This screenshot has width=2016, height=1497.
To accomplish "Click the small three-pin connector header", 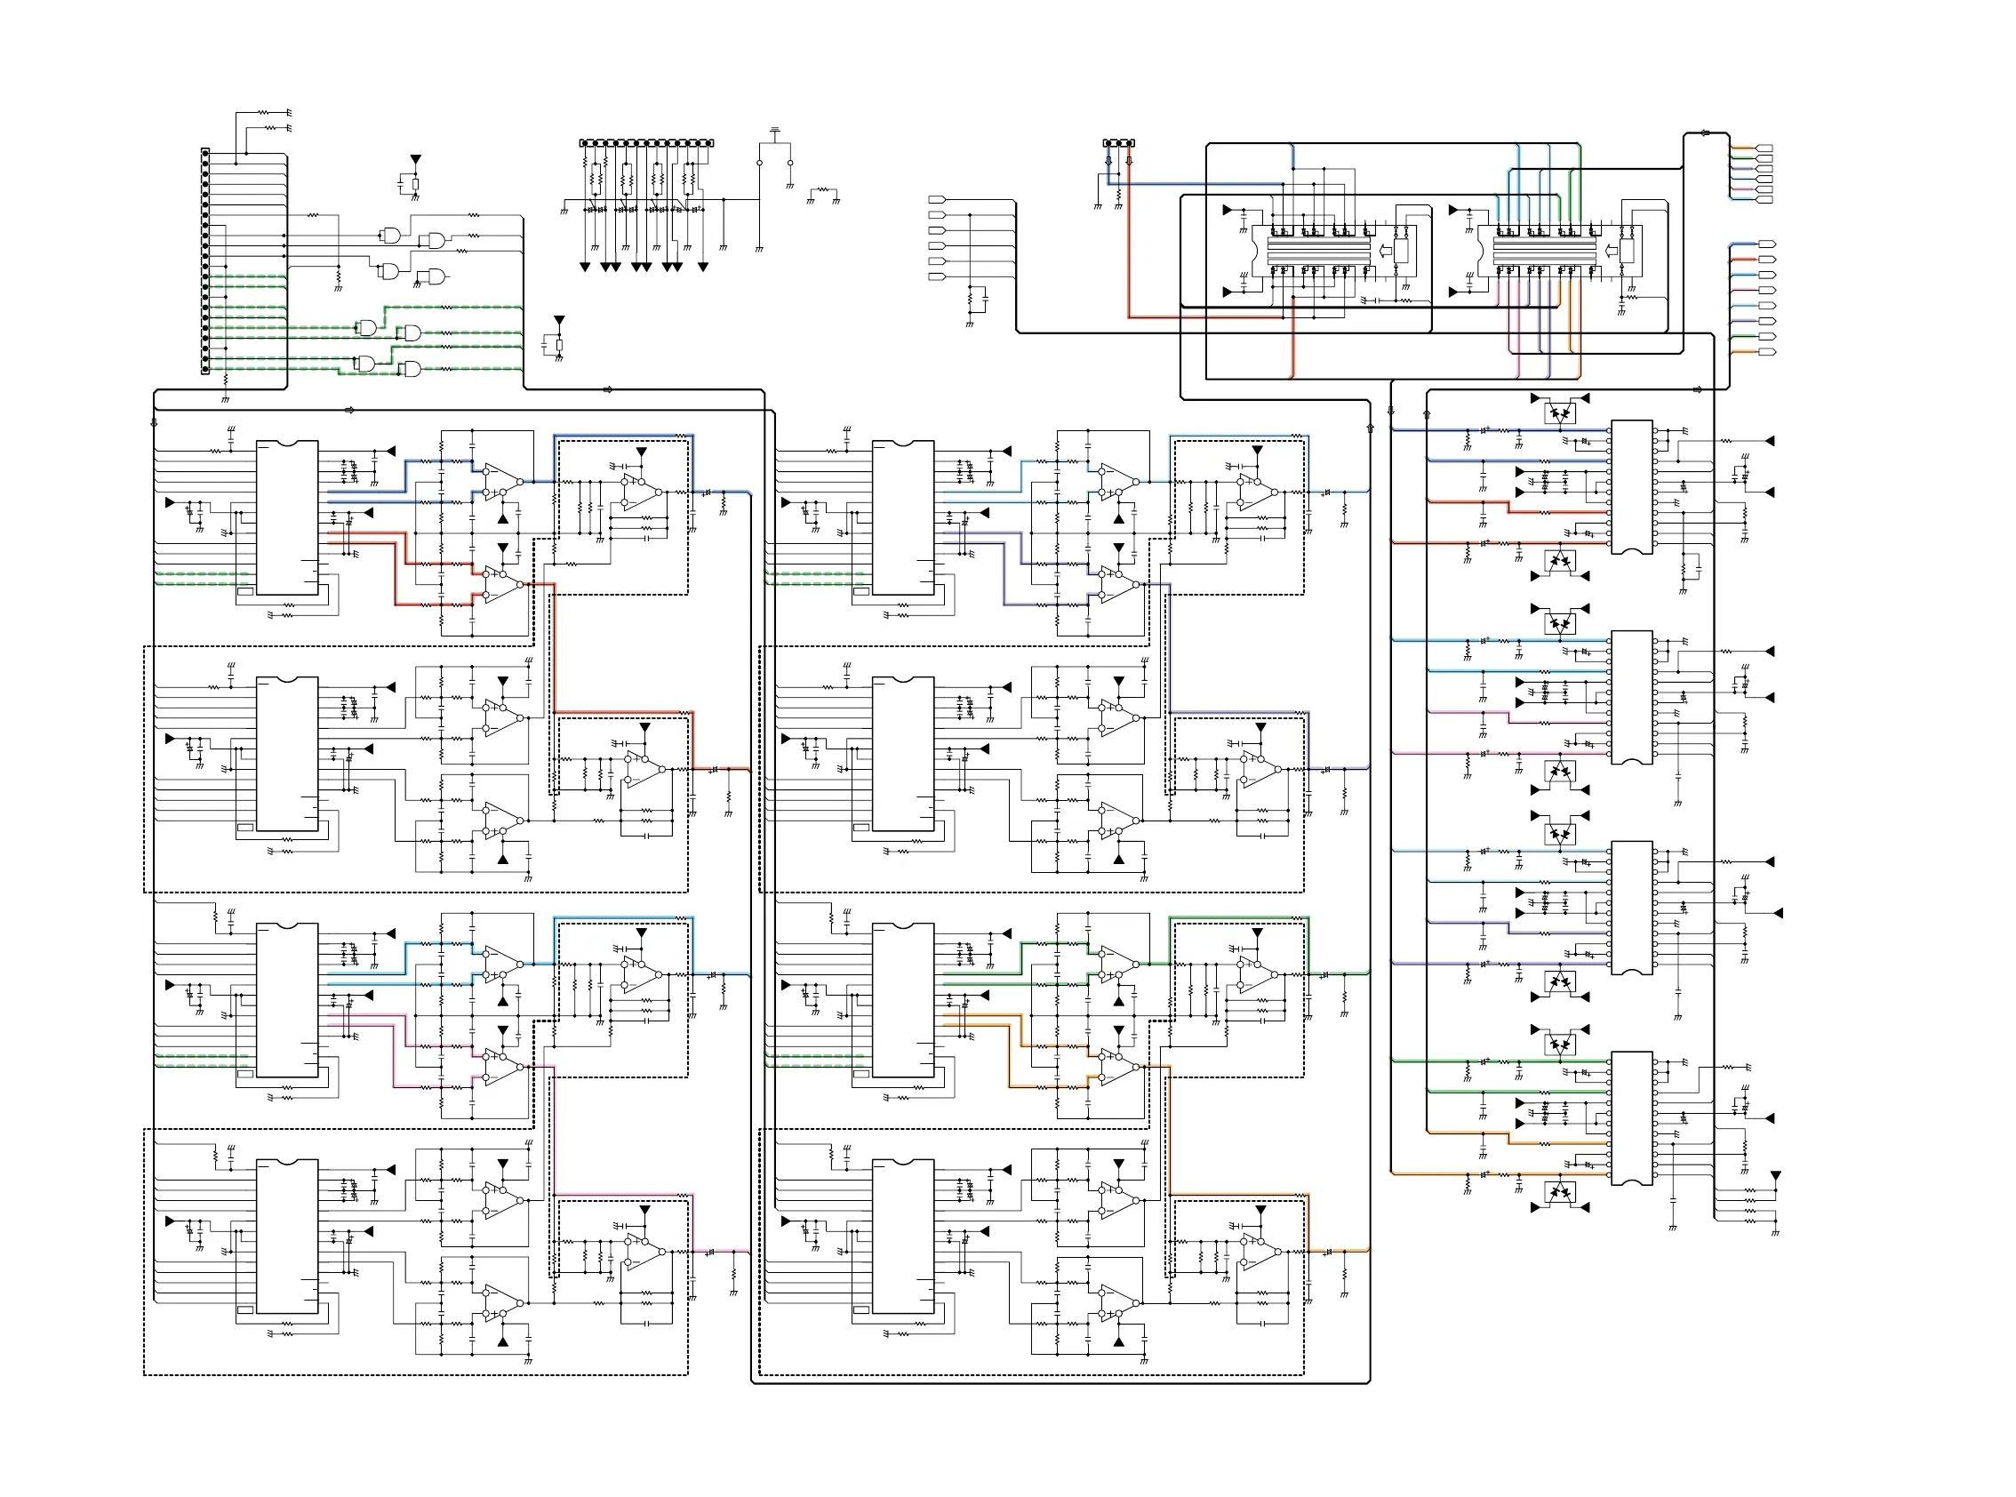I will pos(1119,143).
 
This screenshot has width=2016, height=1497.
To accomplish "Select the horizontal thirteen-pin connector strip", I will pos(646,143).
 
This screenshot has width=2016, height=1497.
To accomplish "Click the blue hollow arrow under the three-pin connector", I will pos(1108,161).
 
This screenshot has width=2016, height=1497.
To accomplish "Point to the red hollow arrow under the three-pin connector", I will pos(1129,161).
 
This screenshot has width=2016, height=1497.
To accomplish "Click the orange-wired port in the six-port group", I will pos(1764,148).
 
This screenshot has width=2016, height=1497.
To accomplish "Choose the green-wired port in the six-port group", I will pos(1764,158).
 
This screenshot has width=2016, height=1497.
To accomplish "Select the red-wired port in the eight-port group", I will pos(1767,290).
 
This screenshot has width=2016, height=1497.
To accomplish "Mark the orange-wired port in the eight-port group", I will pos(1767,352).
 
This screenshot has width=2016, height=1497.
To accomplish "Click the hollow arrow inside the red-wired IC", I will pos(1385,251).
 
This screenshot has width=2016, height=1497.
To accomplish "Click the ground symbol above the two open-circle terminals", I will pos(775,132).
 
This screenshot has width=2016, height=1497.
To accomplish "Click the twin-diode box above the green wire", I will pos(1559,1045).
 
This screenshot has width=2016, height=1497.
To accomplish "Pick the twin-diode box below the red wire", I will pos(1559,562).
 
